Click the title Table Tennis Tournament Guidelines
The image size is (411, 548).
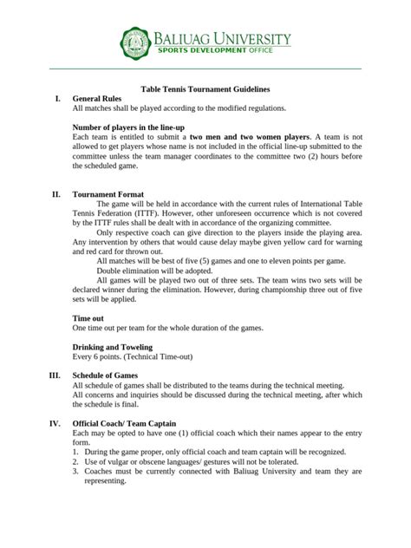(205, 88)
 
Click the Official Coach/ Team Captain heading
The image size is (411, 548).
(132, 422)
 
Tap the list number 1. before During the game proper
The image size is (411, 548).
(77, 452)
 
